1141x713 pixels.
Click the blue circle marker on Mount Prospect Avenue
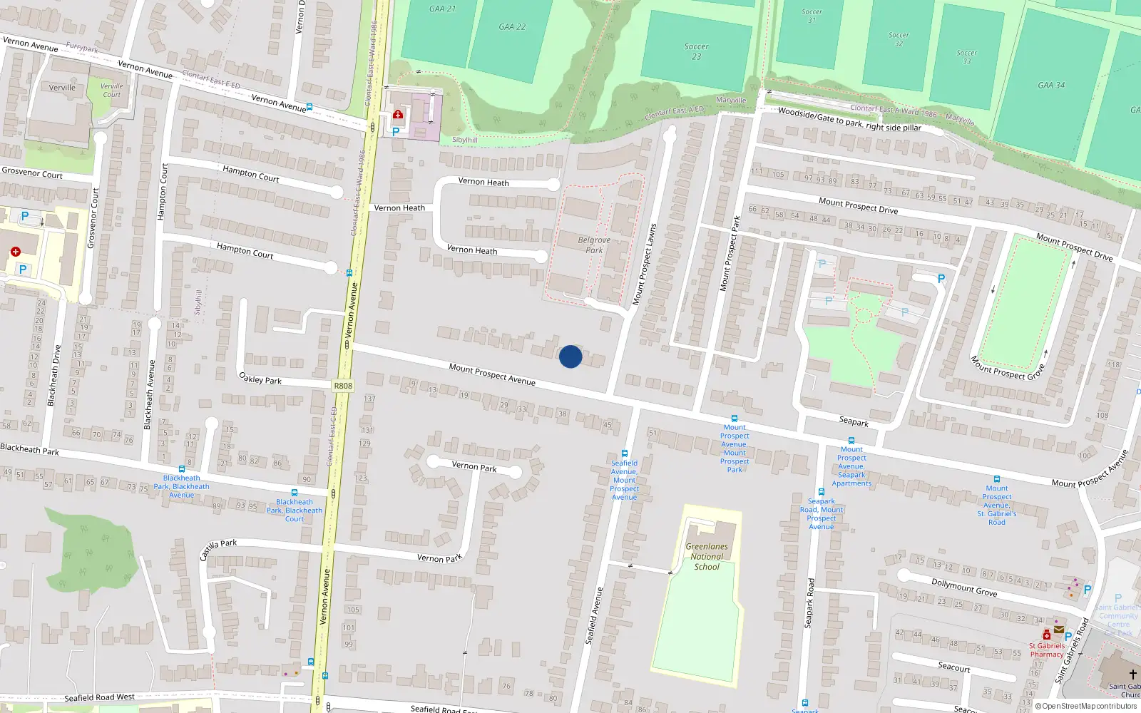tap(570, 356)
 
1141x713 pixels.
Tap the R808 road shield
tap(343, 386)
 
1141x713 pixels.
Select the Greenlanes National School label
tap(707, 557)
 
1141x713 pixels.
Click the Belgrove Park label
tap(594, 245)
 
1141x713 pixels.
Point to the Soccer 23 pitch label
tap(696, 51)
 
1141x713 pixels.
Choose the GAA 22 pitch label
tap(512, 27)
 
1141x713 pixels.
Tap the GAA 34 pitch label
tap(1051, 86)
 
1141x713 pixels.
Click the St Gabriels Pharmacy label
tap(1046, 650)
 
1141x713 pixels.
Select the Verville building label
tap(62, 88)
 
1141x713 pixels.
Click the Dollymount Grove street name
tap(964, 588)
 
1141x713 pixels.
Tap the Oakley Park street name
tap(260, 379)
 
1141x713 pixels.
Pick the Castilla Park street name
tap(218, 549)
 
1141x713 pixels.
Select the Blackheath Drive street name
tap(54, 375)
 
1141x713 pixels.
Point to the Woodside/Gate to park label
tap(849, 120)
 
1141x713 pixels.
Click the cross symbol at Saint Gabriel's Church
tap(1132, 674)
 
